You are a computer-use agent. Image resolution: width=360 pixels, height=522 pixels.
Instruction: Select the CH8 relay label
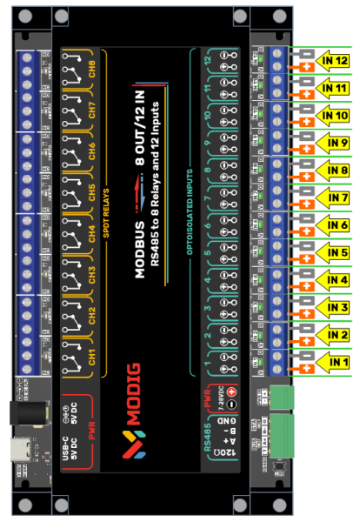pyautogui.click(x=90, y=69)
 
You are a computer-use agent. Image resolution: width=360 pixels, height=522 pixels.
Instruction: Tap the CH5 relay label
pyautogui.click(x=90, y=193)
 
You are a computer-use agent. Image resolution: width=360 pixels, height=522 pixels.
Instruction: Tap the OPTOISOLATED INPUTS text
pyautogui.click(x=190, y=213)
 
